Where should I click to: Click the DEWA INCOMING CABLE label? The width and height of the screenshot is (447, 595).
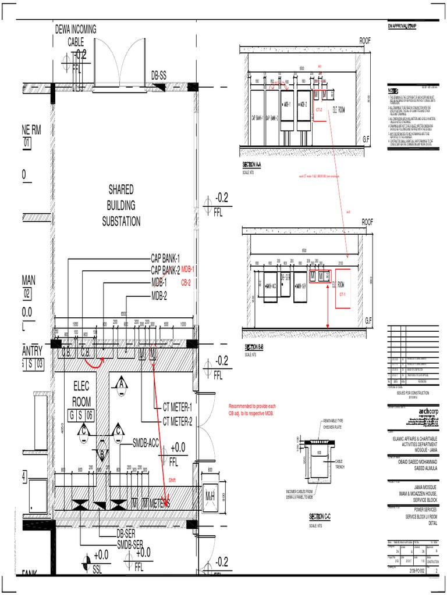(x=76, y=35)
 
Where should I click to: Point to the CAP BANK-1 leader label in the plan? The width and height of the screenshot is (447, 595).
(x=165, y=259)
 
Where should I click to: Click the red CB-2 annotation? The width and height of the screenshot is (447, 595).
(x=186, y=282)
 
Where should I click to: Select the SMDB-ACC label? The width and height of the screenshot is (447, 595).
(x=150, y=442)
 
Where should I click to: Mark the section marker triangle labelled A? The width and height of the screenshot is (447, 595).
(x=122, y=384)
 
